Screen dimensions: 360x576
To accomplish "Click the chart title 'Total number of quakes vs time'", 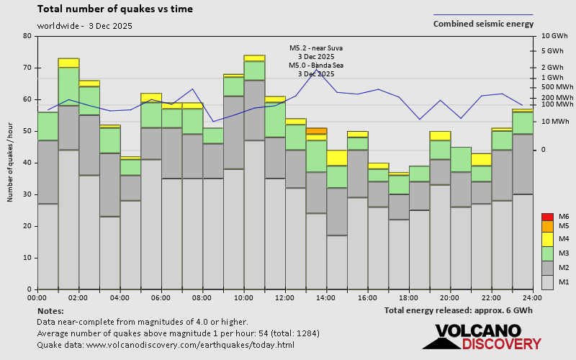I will pyautogui.click(x=114, y=9).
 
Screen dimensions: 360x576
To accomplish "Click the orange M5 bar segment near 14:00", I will pyautogui.click(x=316, y=131).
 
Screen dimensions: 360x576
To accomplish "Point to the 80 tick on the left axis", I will pyautogui.click(x=27, y=36).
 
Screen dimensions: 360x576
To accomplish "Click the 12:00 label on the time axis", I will pyautogui.click(x=285, y=297).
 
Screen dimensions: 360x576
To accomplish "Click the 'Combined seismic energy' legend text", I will pyautogui.click(x=483, y=24).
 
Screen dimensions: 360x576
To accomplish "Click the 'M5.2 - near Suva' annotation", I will pyautogui.click(x=316, y=48).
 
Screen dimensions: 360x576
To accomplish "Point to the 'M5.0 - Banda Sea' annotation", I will pyautogui.click(x=316, y=66).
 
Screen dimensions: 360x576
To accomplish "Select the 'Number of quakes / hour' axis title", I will pyautogui.click(x=10, y=163).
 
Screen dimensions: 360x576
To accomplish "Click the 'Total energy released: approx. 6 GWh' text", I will pyautogui.click(x=459, y=310).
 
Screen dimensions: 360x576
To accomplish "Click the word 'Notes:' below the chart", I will pyautogui.click(x=50, y=310).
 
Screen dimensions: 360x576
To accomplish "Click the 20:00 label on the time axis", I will pyautogui.click(x=450, y=297).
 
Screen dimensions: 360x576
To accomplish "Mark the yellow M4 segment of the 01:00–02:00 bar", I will pyautogui.click(x=68, y=63).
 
